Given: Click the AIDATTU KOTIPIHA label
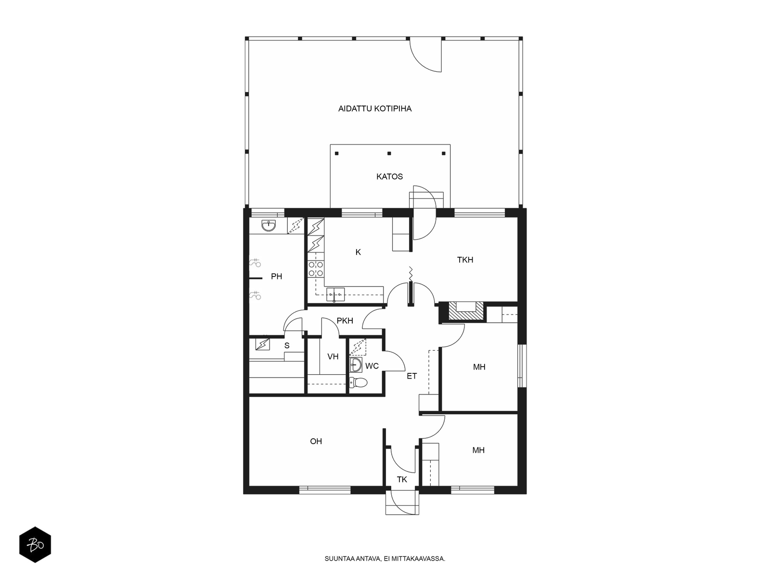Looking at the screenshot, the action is [374, 109].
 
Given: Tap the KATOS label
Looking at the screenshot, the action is [389, 176].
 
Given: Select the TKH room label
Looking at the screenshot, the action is [465, 260].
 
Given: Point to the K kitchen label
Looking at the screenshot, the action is [358, 252].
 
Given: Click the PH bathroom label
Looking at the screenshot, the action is [276, 276].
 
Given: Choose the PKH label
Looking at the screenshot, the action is [345, 320].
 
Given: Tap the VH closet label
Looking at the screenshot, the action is [333, 356].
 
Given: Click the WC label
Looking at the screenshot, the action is [372, 366].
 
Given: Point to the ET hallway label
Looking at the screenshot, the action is [411, 376].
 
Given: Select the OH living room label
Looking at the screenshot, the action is [316, 441].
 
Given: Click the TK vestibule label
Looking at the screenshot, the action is [402, 479].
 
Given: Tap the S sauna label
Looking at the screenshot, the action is [287, 346].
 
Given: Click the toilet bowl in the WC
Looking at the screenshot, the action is [358, 382].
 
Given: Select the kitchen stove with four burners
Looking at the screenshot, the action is [316, 268].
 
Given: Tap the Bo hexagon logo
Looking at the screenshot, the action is [35, 545].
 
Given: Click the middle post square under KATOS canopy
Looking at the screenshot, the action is [389, 153].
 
